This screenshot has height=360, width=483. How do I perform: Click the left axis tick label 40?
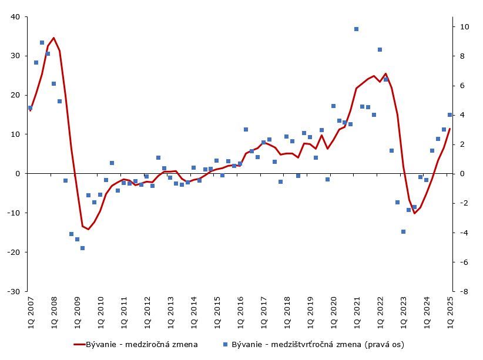(16, 17)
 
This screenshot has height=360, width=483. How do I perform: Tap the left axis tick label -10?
(14, 213)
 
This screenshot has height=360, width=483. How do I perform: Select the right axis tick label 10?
(464, 26)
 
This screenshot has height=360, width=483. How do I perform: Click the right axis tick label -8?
(464, 291)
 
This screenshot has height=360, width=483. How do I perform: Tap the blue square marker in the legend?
(226, 344)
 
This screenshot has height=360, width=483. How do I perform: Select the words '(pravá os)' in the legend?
(385, 344)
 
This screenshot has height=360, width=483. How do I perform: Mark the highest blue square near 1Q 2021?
(356, 29)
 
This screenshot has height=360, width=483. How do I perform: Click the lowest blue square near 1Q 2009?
(82, 248)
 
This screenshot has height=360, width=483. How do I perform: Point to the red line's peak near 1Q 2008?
(53, 38)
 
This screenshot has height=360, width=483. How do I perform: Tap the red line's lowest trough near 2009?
(88, 229)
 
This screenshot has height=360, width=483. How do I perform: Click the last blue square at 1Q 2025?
(450, 115)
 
